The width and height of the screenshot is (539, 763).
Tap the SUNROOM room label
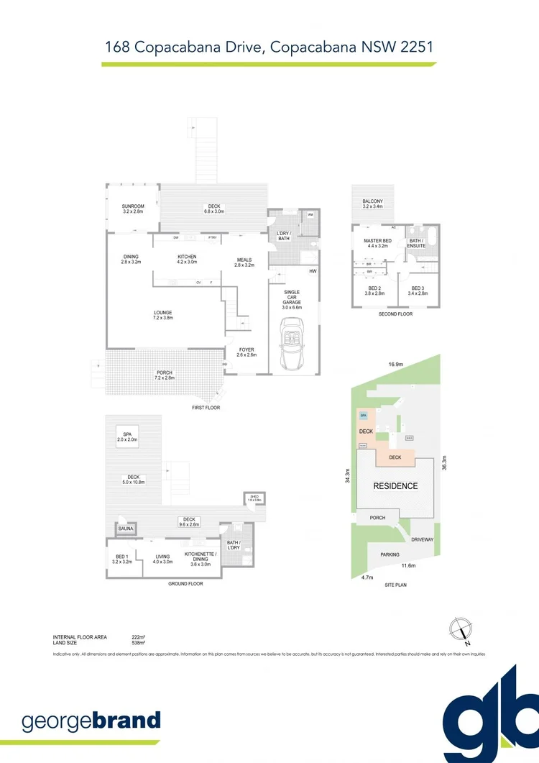point(133,209)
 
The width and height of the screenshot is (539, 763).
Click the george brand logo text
point(91,721)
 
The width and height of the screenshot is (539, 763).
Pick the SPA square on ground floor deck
point(126,437)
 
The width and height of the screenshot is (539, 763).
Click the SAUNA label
point(124,530)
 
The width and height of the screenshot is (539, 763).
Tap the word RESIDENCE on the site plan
point(395,486)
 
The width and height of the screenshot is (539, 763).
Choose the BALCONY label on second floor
point(372,204)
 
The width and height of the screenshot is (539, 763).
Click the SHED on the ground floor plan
point(254,498)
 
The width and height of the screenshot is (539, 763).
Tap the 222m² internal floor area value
point(137,637)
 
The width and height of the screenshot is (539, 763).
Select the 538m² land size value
point(137,643)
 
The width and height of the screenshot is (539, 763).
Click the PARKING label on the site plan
point(390,554)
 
